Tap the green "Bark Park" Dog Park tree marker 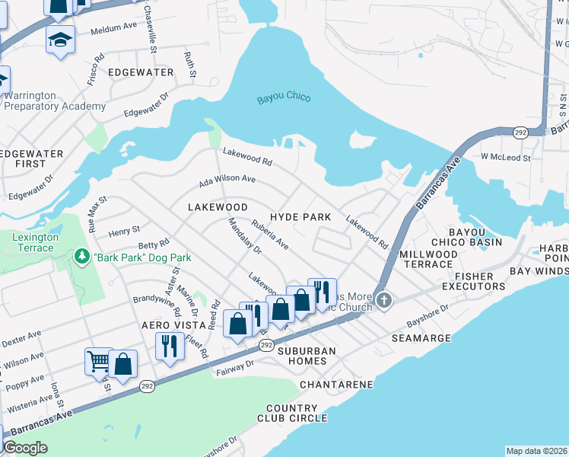pyautogui.click(x=82, y=257)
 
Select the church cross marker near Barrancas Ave pyautogui.click(x=384, y=300)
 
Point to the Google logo pyautogui.click(x=25, y=448)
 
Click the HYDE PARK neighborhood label pyautogui.click(x=300, y=217)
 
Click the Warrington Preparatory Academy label pyautogui.click(x=55, y=101)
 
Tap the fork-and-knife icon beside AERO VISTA pyautogui.click(x=167, y=347)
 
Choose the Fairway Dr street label pyautogui.click(x=234, y=366)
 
